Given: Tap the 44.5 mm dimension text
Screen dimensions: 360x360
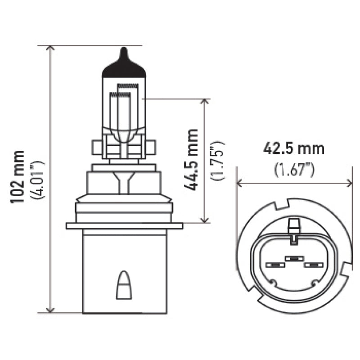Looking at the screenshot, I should click(193, 160).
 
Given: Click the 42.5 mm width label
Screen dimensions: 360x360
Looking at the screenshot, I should click(294, 148).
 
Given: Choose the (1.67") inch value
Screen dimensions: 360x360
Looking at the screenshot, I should click(294, 169).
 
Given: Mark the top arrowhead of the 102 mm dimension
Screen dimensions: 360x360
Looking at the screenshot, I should click(50, 49).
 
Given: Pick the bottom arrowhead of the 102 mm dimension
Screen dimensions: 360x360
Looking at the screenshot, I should click(50, 309).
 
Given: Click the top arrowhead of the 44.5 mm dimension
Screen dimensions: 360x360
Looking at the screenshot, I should click(205, 102).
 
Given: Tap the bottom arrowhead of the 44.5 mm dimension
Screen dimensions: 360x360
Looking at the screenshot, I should click(205, 219).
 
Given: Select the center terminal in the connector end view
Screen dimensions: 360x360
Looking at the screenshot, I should click(293, 259).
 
